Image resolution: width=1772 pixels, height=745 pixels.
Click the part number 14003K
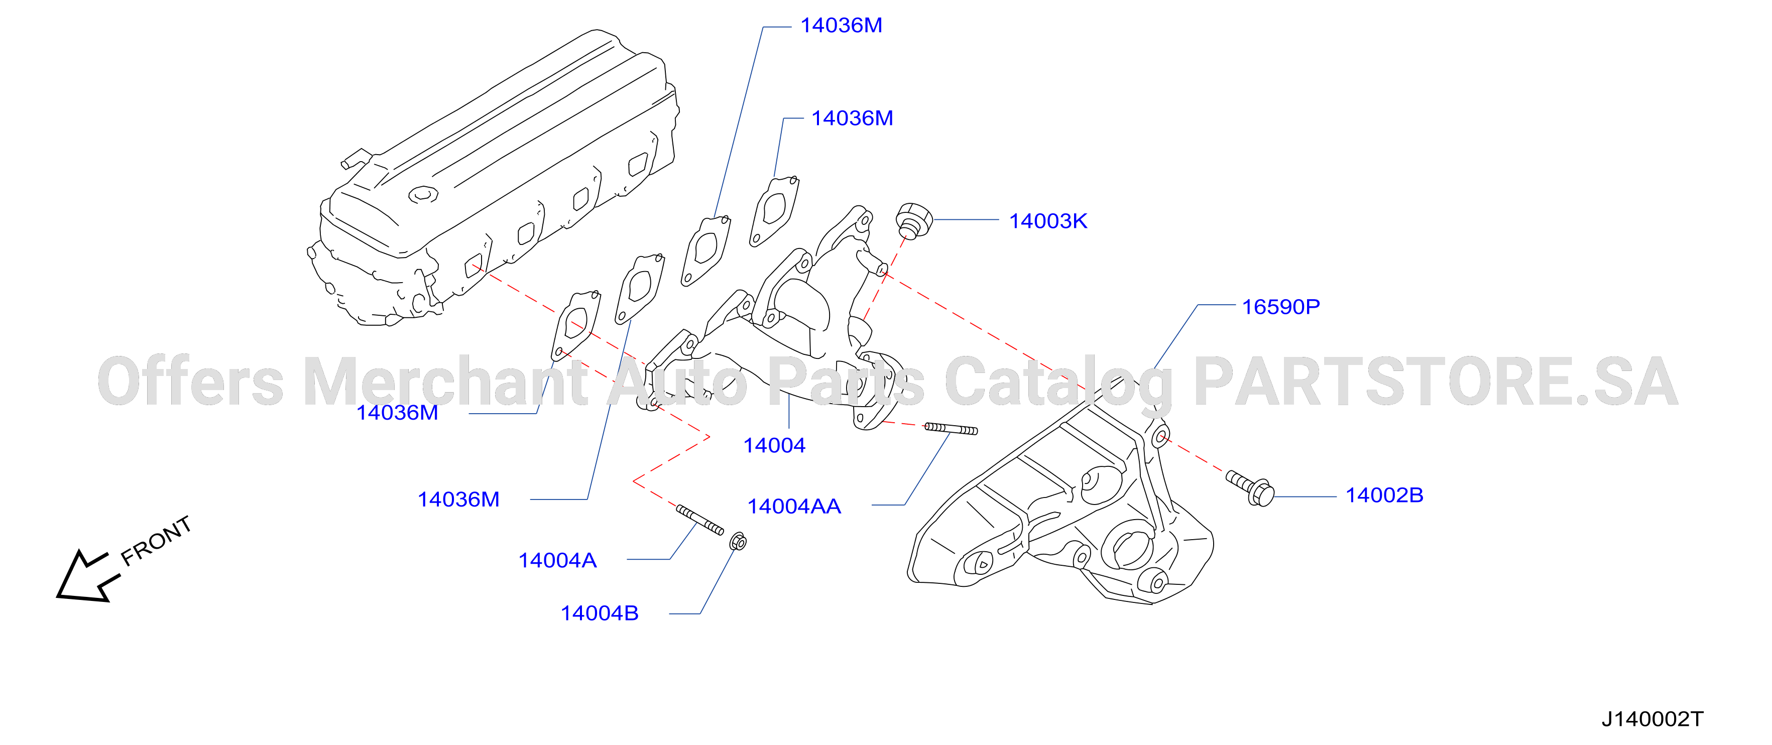pos(1047,221)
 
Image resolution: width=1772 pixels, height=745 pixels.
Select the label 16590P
pos(1281,307)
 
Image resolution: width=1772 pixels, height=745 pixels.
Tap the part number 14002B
pos(1384,495)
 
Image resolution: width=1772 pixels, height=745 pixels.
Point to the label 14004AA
pos(794,507)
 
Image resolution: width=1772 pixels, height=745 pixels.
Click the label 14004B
pos(599,613)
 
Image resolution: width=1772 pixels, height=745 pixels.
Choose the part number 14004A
pos(557,560)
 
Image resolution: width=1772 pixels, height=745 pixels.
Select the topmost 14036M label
pos(841,26)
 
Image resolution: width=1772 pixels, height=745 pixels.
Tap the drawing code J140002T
pos(1652,719)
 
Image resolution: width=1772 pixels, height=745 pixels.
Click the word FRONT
pos(156,541)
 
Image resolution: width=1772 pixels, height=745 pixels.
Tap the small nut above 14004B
pos(738,541)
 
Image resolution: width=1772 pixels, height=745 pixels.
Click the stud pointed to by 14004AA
pos(951,429)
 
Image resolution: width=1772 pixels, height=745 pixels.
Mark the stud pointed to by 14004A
pos(699,520)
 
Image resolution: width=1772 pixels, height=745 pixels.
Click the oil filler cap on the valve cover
pos(423,195)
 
